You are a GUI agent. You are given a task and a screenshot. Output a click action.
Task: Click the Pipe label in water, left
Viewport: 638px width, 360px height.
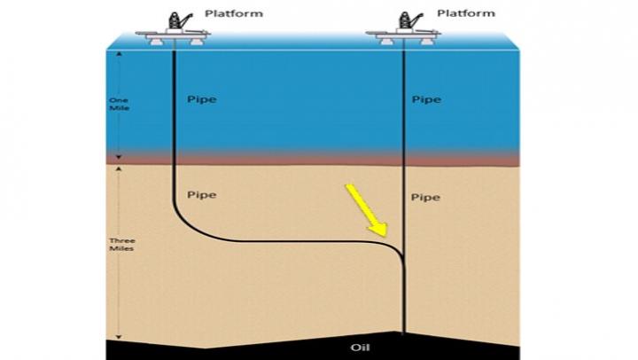(x=204, y=99)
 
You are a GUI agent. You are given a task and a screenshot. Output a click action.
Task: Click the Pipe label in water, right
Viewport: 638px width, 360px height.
(x=426, y=99)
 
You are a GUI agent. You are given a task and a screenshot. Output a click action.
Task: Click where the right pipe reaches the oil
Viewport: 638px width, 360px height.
(x=404, y=334)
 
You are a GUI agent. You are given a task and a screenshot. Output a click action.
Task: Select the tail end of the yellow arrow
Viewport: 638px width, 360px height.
(x=348, y=187)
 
